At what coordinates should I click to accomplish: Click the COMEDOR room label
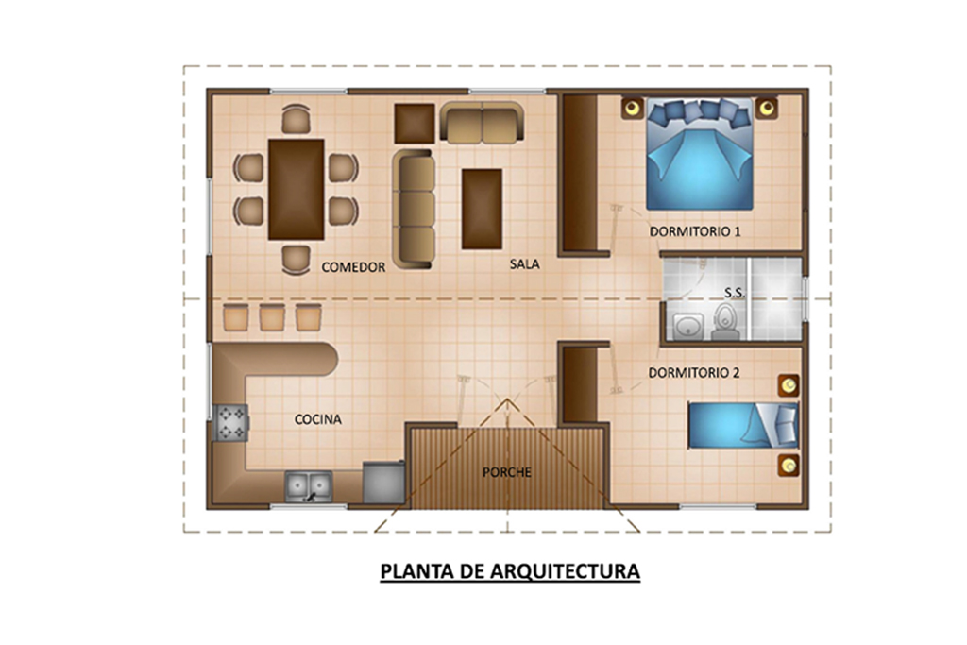(353, 267)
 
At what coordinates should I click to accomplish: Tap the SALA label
(525, 263)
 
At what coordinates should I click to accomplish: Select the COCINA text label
(317, 419)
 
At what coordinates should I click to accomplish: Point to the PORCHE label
(507, 472)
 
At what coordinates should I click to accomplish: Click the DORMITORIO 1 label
(695, 232)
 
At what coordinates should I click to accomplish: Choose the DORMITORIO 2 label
(694, 373)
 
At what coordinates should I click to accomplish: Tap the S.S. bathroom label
(735, 293)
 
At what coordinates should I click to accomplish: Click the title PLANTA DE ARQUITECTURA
(510, 571)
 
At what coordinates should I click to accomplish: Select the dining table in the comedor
(296, 189)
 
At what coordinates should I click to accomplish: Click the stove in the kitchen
(231, 422)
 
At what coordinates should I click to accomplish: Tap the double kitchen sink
(309, 486)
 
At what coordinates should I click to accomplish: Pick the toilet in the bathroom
(725, 323)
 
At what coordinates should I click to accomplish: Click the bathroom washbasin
(687, 326)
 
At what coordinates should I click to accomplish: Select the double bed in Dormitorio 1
(700, 154)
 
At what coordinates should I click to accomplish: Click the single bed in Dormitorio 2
(743, 426)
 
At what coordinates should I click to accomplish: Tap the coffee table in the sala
(482, 209)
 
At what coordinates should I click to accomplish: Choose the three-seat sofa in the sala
(415, 209)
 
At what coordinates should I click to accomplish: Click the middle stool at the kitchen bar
(272, 317)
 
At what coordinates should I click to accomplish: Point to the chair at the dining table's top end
(296, 119)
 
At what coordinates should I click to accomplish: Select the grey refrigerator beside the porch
(384, 483)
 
